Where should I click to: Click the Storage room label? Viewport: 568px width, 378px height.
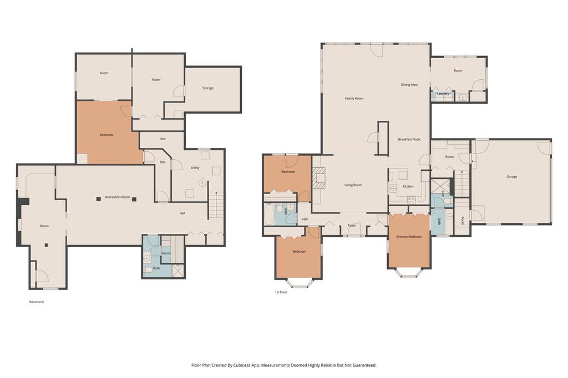(208, 88)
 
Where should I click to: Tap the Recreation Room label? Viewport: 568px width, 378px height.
(118, 197)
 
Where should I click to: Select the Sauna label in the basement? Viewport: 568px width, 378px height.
(166, 253)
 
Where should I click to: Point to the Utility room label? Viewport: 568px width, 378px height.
(195, 167)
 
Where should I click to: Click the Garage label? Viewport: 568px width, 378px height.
(511, 177)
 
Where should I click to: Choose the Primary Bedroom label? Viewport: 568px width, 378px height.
(409, 237)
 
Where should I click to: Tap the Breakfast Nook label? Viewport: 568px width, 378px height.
(409, 140)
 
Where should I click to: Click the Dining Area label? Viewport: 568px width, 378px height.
(409, 85)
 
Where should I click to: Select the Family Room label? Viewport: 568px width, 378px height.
(354, 99)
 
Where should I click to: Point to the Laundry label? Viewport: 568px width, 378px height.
(443, 94)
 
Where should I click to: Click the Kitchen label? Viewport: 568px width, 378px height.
(408, 186)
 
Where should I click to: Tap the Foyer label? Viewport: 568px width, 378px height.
(352, 225)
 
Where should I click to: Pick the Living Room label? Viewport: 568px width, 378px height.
(353, 185)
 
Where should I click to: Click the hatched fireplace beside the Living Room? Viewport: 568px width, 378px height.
(319, 178)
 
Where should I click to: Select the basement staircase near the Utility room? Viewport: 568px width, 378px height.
(216, 205)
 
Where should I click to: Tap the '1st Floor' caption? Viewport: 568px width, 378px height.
(281, 292)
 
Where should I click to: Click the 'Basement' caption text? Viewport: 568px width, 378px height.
(37, 302)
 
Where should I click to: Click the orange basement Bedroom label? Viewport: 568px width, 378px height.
(106, 135)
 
